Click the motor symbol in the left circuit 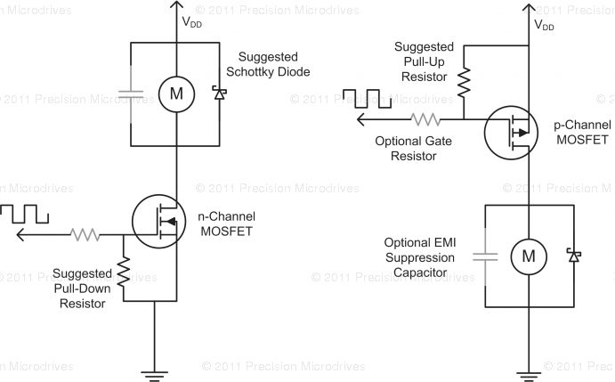pos(176,93)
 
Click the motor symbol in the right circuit pos(528,256)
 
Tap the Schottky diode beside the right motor pos(575,256)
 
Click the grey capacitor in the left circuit pos(131,93)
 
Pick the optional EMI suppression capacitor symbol pos(485,256)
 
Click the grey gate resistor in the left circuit pos(86,234)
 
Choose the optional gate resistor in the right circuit pos(425,118)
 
